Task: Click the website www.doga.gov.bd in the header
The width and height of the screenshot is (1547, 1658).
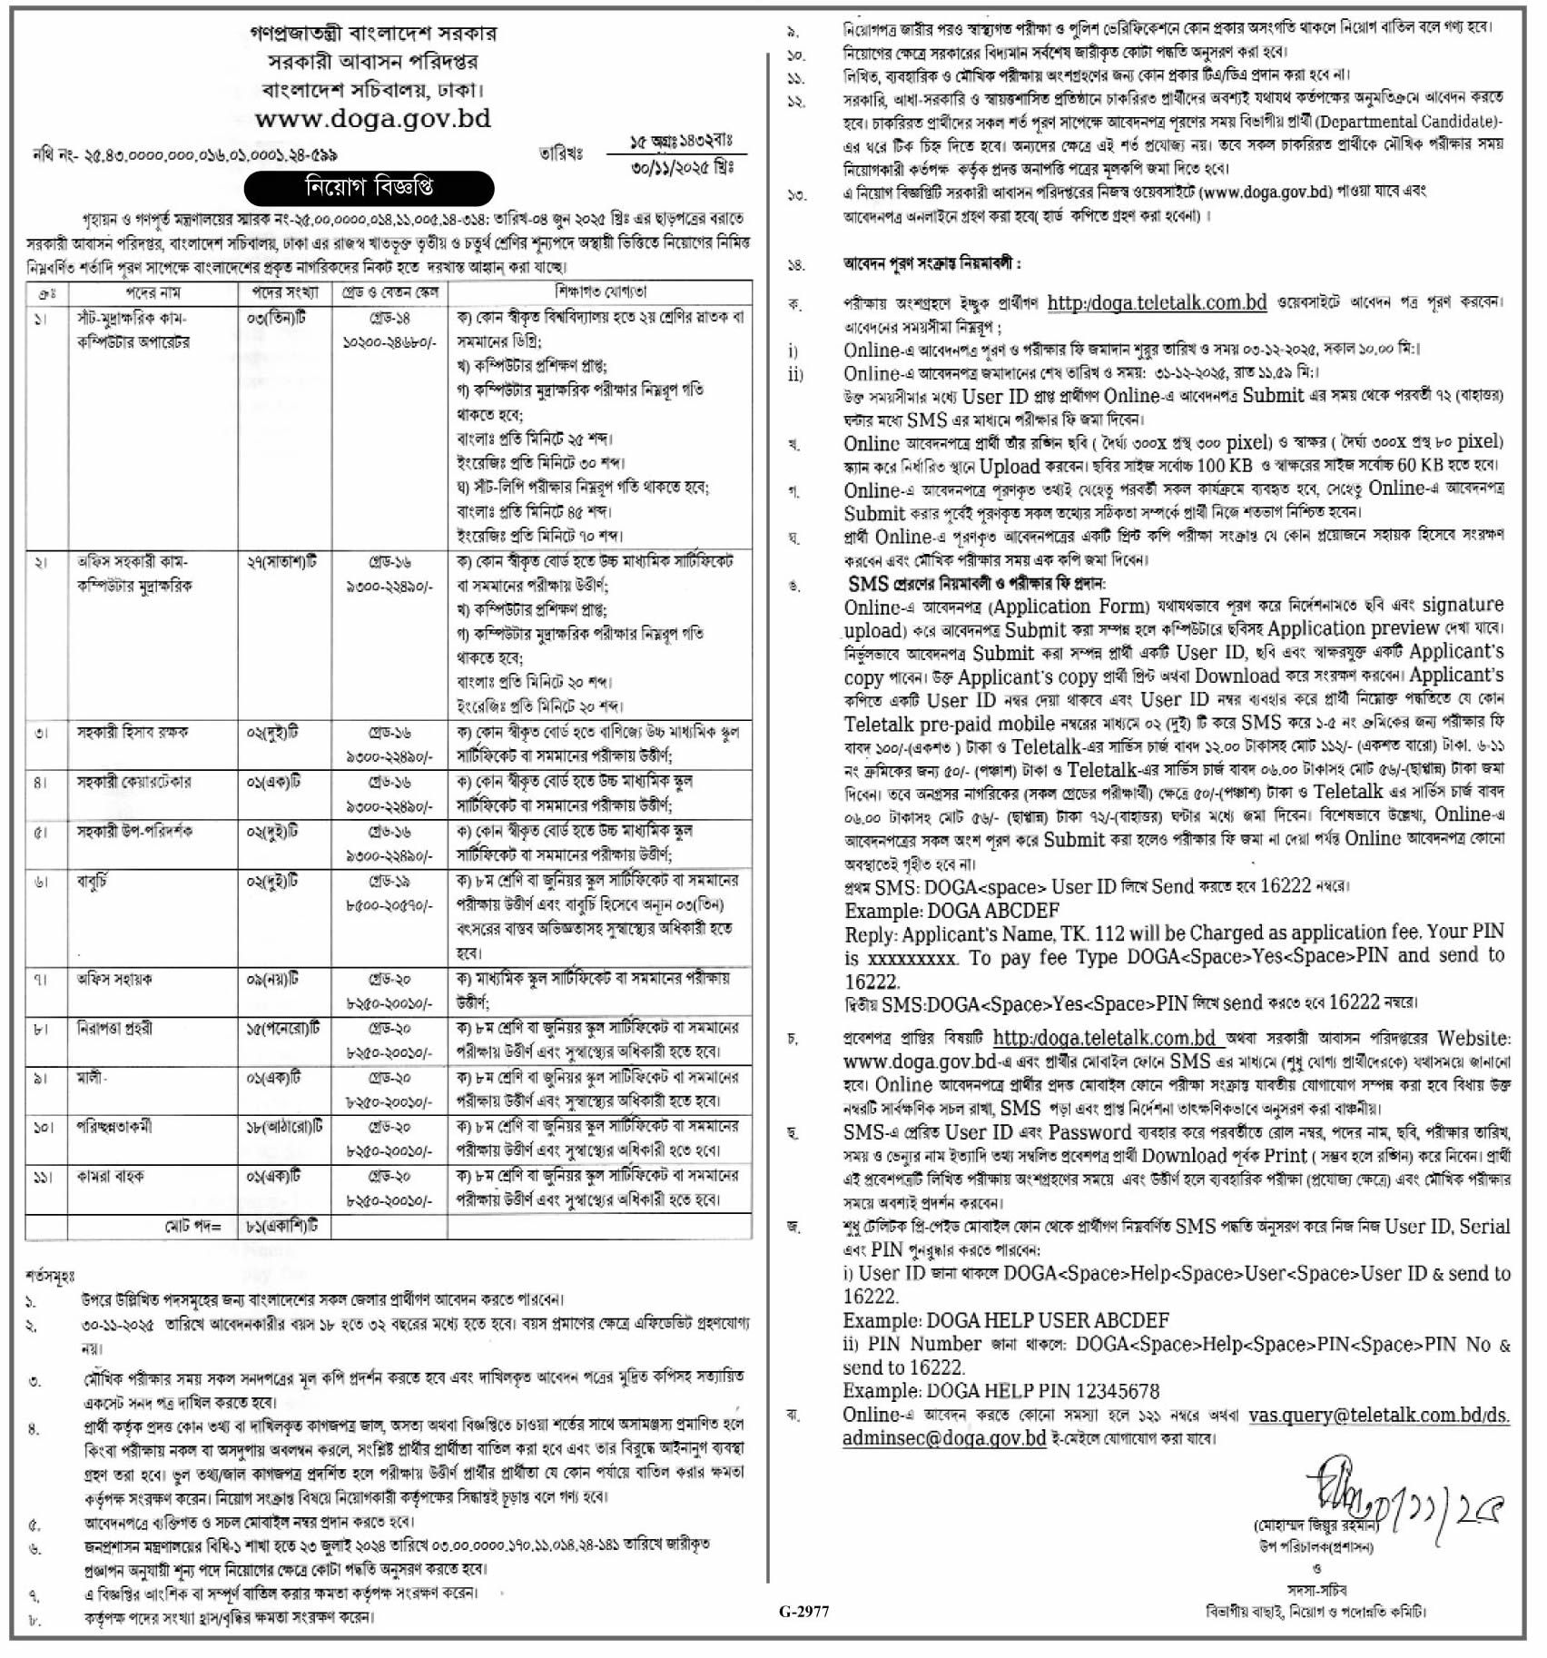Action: click(373, 119)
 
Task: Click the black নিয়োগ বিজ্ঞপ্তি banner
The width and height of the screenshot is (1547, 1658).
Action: click(369, 188)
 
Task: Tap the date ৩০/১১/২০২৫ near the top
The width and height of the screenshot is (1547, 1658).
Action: click(682, 168)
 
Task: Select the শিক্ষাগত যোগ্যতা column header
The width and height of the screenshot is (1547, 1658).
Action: click(600, 292)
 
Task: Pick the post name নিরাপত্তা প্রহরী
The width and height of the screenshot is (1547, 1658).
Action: click(114, 1029)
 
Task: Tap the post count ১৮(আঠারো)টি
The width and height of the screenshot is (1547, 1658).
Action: click(284, 1127)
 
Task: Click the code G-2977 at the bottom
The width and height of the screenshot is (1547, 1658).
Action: click(803, 1612)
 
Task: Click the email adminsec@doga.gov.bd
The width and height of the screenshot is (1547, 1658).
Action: click(944, 1438)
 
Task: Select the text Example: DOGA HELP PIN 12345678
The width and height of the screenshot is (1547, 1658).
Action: click(1000, 1391)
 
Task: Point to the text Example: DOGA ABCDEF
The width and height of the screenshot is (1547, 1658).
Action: click(951, 911)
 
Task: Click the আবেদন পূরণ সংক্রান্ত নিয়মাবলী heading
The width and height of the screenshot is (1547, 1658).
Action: click(931, 264)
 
